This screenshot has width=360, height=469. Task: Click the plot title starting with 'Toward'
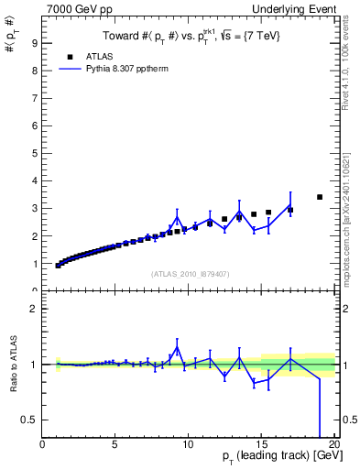pos(190,36)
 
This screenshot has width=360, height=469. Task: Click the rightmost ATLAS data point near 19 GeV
pos(320,197)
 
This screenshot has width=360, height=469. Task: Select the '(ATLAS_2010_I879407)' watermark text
pos(189,273)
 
